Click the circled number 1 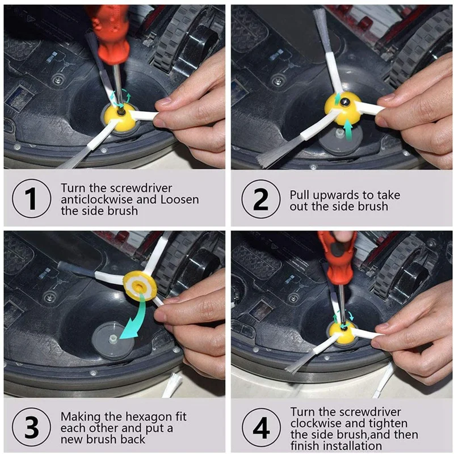coord(32,198)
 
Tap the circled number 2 coord(261,199)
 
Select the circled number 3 coord(32,427)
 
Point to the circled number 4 coord(261,428)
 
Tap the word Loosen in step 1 coord(180,200)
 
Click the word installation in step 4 coord(352,445)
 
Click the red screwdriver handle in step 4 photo coord(337,257)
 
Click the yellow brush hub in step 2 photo coord(343,108)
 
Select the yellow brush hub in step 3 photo coord(140,287)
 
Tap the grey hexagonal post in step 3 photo coord(113,338)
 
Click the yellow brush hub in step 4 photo coord(343,331)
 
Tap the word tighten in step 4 coord(389,423)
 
